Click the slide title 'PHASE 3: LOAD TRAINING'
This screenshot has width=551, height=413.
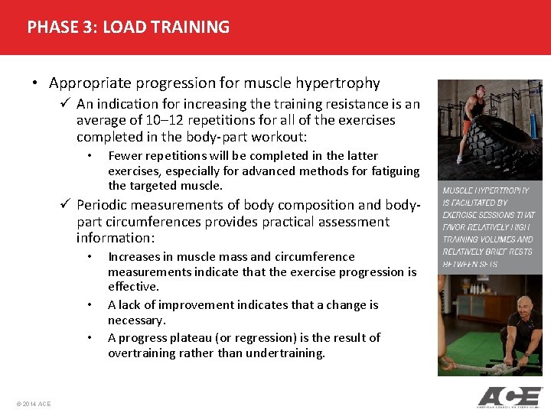click(x=128, y=28)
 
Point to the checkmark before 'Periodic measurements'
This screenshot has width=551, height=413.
click(x=67, y=205)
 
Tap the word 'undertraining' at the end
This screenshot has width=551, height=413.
click(x=287, y=353)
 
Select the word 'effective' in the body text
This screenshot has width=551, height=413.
click(x=132, y=287)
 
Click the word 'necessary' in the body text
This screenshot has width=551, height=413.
click(x=135, y=320)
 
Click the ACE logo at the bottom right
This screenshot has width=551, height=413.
click(x=509, y=396)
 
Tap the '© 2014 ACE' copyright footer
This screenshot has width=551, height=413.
click(x=32, y=403)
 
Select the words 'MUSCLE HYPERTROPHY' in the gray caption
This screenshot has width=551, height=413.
click(x=485, y=190)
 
